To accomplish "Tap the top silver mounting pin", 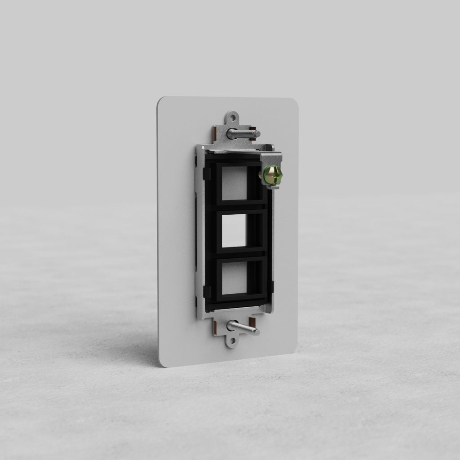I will pyautogui.click(x=243, y=133).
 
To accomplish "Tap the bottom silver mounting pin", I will pyautogui.click(x=243, y=328).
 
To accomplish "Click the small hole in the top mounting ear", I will pyautogui.click(x=232, y=119).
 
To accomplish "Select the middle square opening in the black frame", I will pyautogui.click(x=234, y=230).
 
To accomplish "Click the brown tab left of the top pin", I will pyautogui.click(x=216, y=133).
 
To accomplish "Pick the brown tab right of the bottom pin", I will pyautogui.click(x=252, y=324).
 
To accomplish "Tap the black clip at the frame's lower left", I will pyautogui.click(x=207, y=292).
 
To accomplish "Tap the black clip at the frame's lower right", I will pyautogui.click(x=270, y=286).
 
